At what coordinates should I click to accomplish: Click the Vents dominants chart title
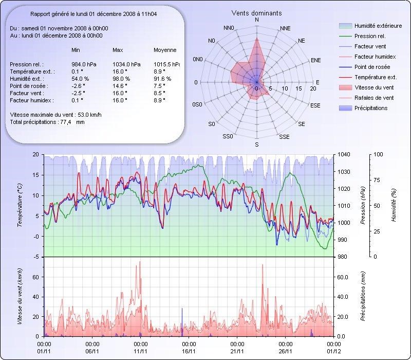coord(256,13)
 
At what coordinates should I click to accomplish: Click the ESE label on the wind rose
coord(317,105)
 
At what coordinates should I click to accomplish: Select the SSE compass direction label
coord(284,137)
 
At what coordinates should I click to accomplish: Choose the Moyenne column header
coord(165,50)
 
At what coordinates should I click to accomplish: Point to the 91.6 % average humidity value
coord(162,79)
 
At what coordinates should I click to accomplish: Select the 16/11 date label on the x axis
coord(189,351)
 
